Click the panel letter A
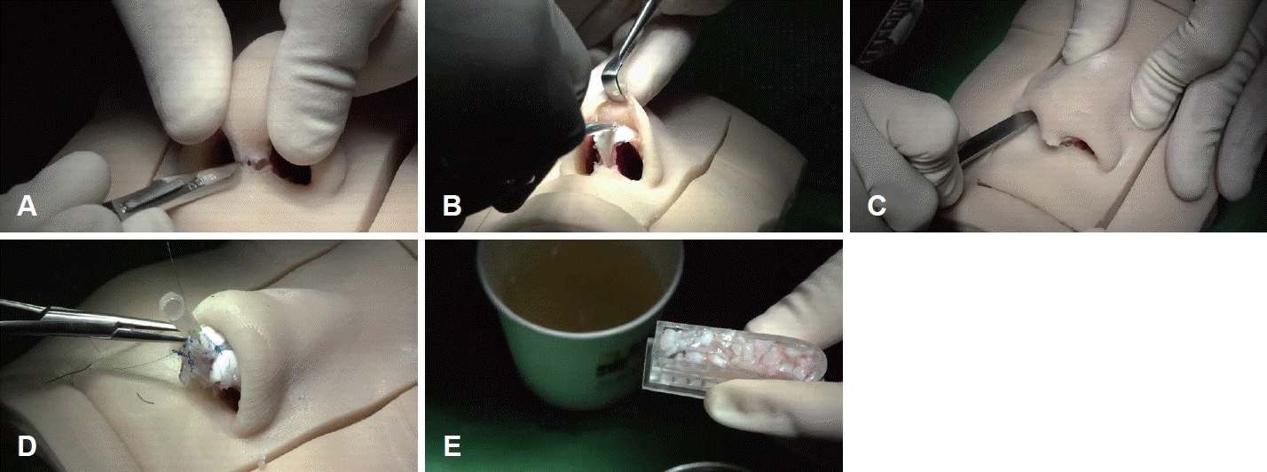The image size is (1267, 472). (27, 207)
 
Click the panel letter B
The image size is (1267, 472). (452, 207)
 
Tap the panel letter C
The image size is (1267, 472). (877, 207)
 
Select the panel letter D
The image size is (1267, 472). (27, 446)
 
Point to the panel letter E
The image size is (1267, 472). (452, 446)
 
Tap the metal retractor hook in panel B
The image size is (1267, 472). (622, 57)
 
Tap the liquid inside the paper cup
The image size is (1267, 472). (579, 283)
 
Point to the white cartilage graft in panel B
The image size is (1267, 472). (615, 136)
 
